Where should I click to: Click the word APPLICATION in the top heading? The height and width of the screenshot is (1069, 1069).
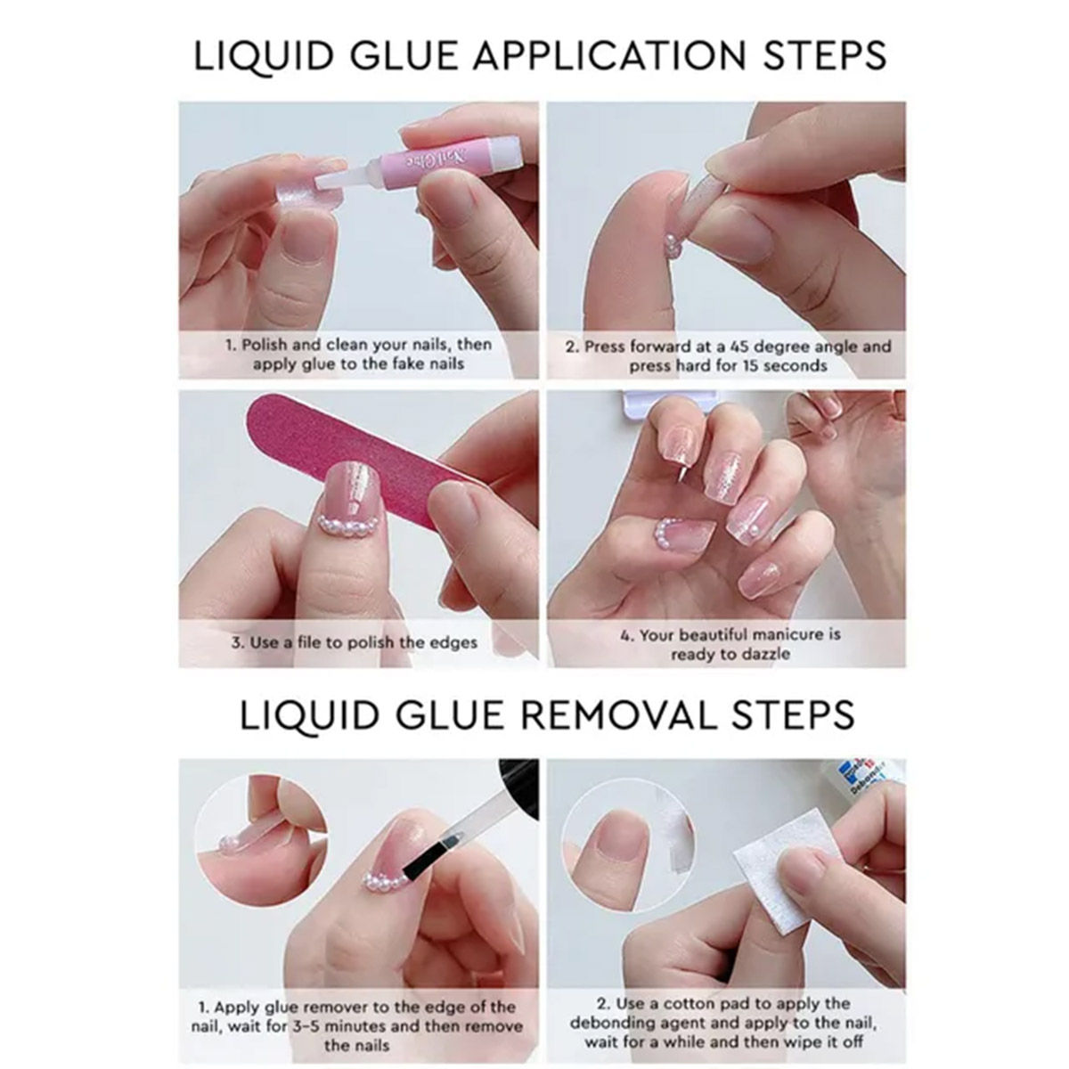tap(610, 55)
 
